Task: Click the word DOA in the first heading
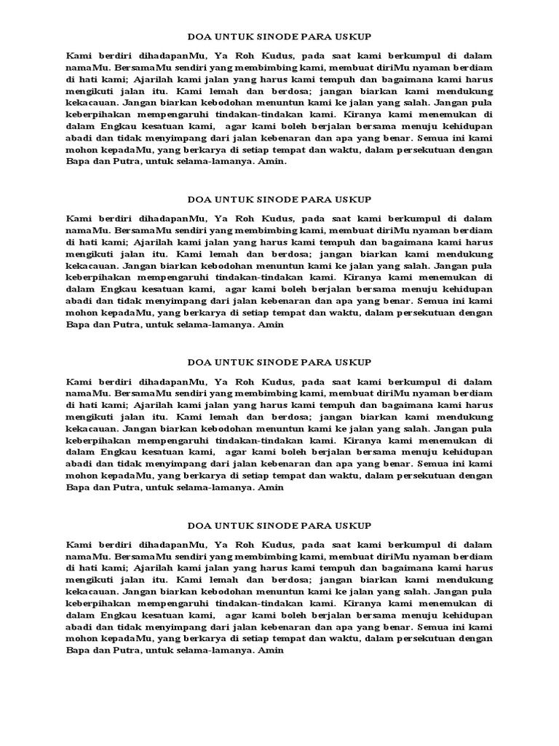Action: tap(199, 36)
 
